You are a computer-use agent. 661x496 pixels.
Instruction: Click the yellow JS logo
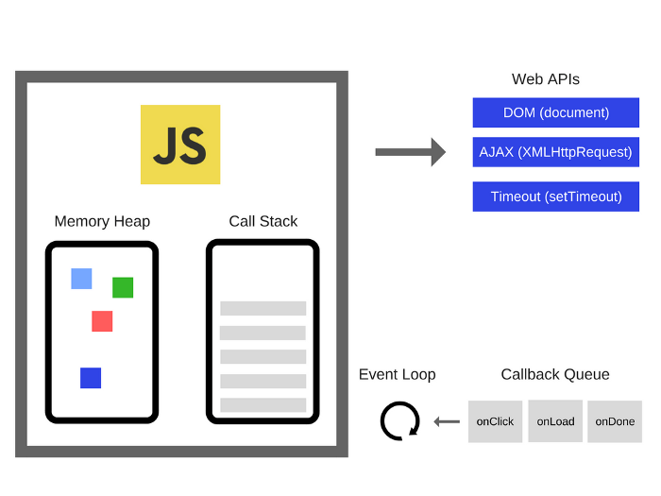tap(180, 145)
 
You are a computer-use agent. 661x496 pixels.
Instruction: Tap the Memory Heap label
tap(102, 221)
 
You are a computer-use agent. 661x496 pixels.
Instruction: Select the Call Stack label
tap(263, 221)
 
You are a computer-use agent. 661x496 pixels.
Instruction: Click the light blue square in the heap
tap(81, 279)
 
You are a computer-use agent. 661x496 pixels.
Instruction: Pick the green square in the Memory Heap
tap(123, 287)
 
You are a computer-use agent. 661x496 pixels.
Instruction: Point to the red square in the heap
tap(102, 321)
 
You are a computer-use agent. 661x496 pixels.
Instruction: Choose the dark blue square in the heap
tap(91, 378)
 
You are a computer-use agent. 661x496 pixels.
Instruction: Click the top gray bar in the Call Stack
tap(263, 308)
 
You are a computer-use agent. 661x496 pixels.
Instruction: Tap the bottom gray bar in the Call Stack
tap(263, 404)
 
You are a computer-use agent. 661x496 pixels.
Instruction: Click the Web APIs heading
tap(546, 80)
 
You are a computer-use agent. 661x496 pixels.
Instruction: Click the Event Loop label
tap(397, 374)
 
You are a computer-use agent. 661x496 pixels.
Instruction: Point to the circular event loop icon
tap(399, 421)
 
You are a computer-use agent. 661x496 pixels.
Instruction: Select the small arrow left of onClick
tap(447, 421)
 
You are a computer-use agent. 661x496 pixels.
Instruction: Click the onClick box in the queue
tap(495, 421)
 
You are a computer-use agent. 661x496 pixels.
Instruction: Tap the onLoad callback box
tap(555, 421)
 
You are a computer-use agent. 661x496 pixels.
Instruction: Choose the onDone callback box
tap(615, 421)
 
